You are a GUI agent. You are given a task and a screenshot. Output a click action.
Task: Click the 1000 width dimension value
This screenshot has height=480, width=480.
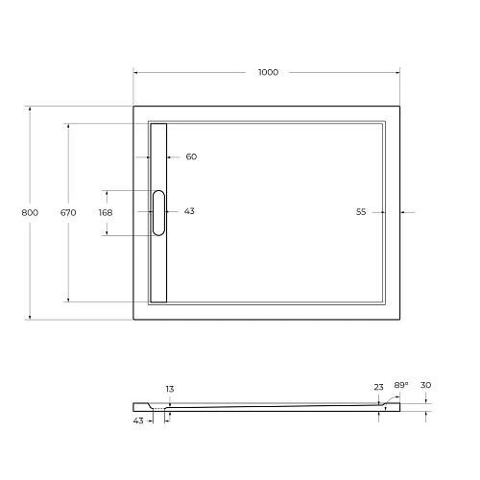268,73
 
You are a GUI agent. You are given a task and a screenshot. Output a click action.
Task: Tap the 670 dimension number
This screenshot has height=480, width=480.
67,212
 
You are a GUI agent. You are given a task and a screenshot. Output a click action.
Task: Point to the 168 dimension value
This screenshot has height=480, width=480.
106,212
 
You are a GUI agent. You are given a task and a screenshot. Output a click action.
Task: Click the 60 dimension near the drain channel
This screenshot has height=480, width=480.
190,156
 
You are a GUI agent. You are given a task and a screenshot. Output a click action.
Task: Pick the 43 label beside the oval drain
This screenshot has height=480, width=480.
189,211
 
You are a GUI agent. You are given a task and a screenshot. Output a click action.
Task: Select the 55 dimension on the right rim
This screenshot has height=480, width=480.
362,211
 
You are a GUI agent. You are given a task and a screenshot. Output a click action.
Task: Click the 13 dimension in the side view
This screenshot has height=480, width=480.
170,389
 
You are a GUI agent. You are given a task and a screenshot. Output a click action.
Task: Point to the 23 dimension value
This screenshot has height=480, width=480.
379,387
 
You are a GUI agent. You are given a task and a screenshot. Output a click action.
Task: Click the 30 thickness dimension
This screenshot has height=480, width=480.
425,386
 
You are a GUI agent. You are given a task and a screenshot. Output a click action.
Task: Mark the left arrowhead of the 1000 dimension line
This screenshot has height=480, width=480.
135,73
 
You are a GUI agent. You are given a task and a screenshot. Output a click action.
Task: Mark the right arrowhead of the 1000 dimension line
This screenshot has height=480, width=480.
399,73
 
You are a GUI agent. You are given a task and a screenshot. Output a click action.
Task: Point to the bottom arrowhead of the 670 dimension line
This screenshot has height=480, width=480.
67,300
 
